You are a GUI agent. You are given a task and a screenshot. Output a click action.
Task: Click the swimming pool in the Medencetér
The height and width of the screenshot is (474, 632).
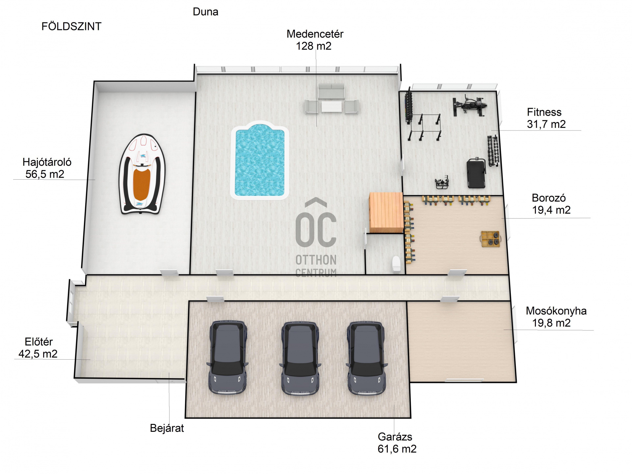click(x=260, y=161)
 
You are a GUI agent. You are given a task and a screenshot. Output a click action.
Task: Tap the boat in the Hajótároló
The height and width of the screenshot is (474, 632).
click(x=142, y=174)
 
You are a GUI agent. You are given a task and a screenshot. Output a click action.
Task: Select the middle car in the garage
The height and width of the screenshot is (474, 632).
click(x=300, y=358)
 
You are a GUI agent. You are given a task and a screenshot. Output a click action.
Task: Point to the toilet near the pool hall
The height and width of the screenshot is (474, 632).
click(x=397, y=264)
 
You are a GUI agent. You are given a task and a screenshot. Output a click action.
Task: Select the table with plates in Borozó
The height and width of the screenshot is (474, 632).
click(x=490, y=239)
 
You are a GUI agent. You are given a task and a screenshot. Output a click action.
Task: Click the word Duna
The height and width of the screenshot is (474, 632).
click(x=205, y=12)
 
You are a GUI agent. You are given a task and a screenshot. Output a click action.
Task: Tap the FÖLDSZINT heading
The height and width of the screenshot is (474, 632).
click(x=71, y=26)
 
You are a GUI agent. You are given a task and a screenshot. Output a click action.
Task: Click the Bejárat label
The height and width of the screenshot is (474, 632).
click(x=167, y=428)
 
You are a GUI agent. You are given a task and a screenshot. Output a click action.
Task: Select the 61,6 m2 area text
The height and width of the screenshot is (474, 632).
click(x=397, y=449)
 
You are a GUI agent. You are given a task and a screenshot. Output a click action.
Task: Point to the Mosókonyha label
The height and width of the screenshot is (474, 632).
click(x=556, y=311)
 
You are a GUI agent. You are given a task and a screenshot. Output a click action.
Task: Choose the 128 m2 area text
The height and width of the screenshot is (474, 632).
click(x=314, y=46)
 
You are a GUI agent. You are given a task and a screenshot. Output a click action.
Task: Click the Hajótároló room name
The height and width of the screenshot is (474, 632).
click(x=47, y=162)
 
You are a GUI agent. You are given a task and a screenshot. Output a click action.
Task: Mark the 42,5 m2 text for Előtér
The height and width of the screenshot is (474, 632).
click(x=38, y=354)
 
